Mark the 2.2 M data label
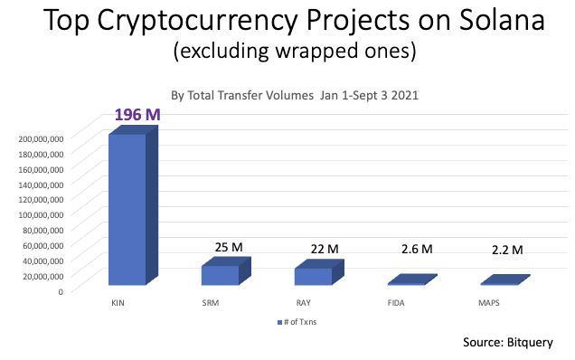509,249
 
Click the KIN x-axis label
118,302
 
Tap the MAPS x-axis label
489,302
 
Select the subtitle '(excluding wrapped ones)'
287,52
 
